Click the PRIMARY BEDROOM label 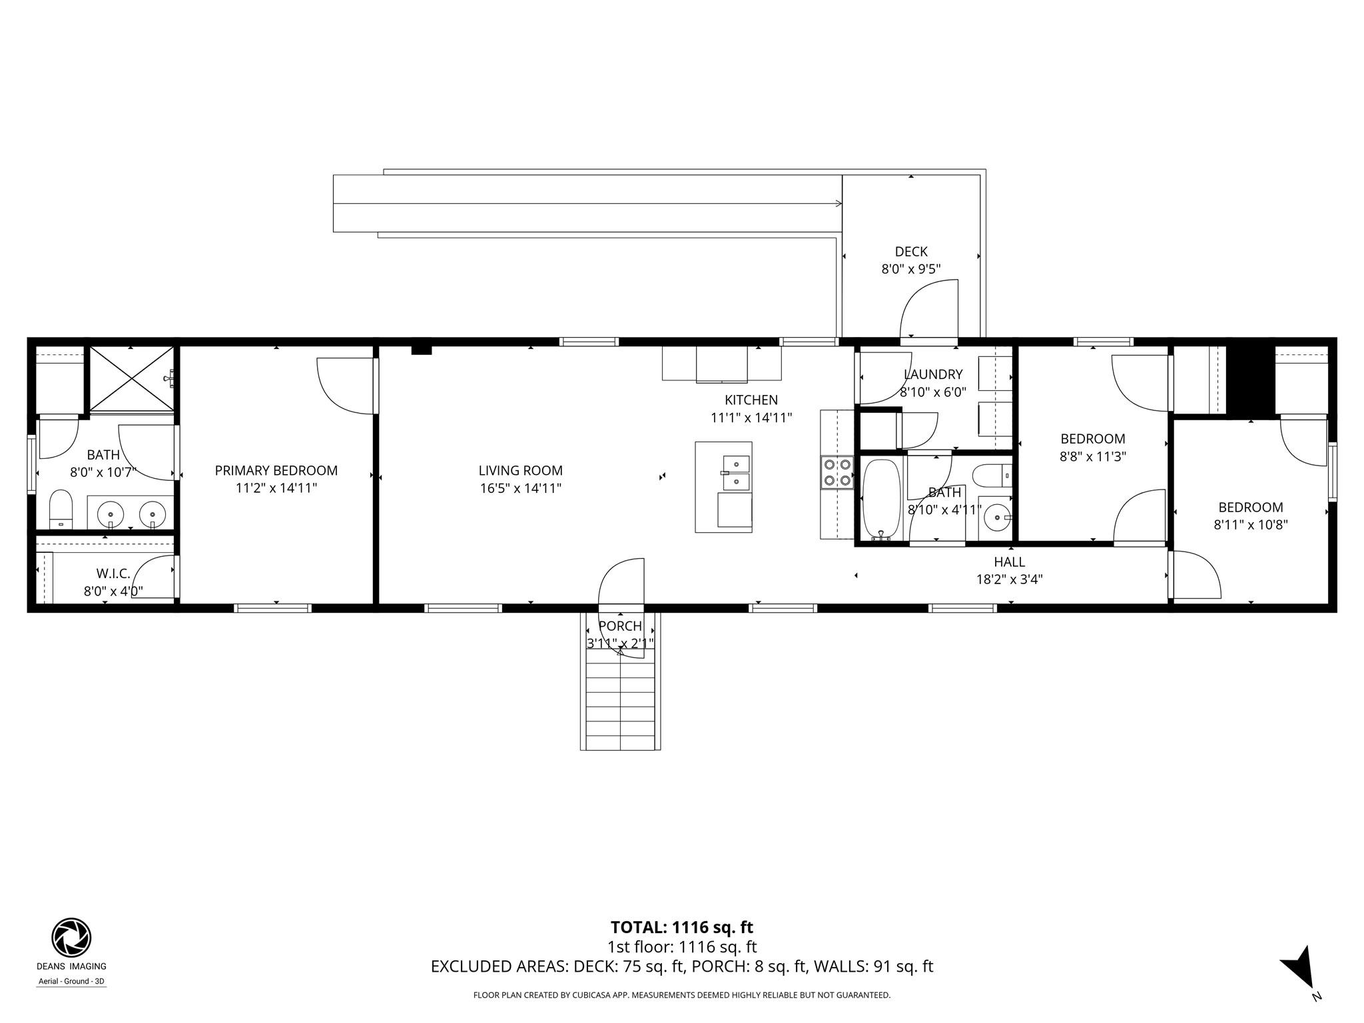[276, 470]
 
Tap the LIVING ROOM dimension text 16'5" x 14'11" [520, 488]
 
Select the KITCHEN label [751, 400]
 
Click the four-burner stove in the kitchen [837, 472]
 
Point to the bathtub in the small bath [881, 500]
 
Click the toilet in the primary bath [61, 510]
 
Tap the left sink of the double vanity [110, 514]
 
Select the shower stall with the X [131, 378]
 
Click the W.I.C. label [113, 573]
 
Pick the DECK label [910, 251]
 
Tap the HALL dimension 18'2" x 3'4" [1009, 579]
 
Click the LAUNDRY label [932, 374]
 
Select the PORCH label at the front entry [620, 626]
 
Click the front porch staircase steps [620, 706]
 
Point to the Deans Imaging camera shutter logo [71, 938]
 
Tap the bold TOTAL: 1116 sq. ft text [681, 927]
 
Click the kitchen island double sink [736, 472]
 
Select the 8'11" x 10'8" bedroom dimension [1250, 525]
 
